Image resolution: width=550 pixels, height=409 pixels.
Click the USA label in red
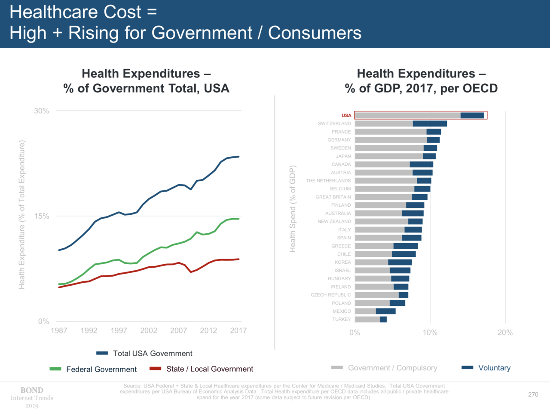346,116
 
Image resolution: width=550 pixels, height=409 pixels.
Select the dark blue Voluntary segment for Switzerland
430,124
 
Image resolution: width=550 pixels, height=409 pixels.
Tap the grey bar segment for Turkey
367,319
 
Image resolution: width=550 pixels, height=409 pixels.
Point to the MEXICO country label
342,311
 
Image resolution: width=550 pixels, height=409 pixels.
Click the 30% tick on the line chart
42,111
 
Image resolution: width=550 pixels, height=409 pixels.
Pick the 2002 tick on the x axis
148,331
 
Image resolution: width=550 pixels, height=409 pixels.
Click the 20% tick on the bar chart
505,333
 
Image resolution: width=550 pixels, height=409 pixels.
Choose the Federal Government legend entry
101,369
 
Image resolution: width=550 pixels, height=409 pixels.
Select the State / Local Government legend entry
210,369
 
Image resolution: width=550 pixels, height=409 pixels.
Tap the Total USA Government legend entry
152,354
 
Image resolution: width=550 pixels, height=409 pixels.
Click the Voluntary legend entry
494,368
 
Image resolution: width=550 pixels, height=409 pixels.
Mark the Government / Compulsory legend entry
392,368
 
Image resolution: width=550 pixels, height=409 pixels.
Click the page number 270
533,394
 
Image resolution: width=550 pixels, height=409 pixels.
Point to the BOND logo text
32,391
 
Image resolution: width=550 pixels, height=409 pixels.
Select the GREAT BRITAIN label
333,197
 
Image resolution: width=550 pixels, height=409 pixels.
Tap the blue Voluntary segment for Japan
429,156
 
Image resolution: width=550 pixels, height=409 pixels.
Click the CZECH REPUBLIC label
331,295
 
